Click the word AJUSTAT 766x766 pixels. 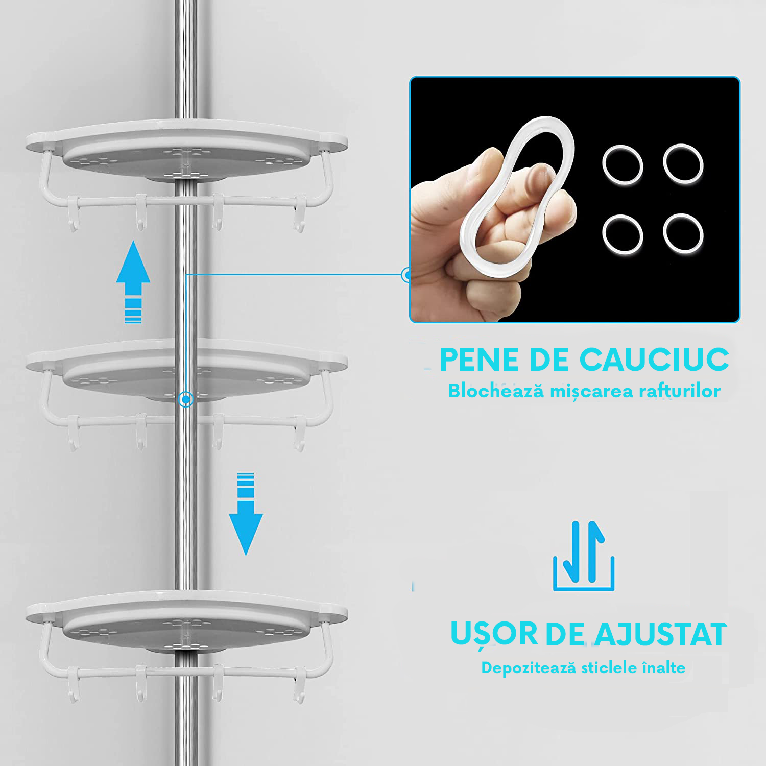(x=661, y=634)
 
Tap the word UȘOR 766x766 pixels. (x=494, y=634)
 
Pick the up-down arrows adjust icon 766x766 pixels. (x=584, y=556)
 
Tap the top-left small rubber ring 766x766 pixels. (x=622, y=164)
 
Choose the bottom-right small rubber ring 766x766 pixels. (x=683, y=233)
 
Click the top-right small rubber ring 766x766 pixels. (x=683, y=163)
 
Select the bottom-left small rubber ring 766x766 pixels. (x=622, y=234)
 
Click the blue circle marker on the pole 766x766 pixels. (x=186, y=399)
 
